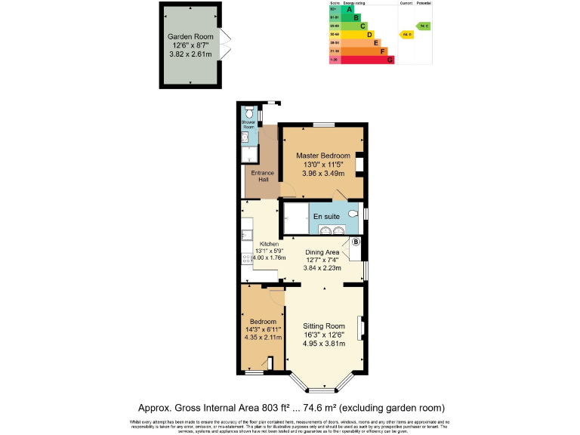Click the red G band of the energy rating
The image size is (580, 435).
pos(390,60)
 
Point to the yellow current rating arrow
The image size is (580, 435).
pos(407,35)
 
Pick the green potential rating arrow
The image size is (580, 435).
pos(423,26)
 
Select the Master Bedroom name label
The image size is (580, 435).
pos(322,156)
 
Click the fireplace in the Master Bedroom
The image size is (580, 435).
pos(360,164)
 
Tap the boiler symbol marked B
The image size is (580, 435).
pos(356,242)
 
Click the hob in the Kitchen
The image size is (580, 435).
pos(245,258)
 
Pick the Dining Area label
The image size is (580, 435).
pos(322,252)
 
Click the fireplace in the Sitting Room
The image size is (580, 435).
pos(361,330)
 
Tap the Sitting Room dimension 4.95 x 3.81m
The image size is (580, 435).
pos(323,344)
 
